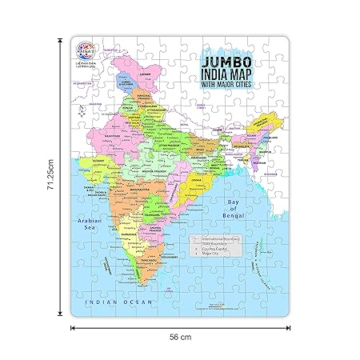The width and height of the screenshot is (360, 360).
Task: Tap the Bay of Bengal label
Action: coord(226,212)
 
